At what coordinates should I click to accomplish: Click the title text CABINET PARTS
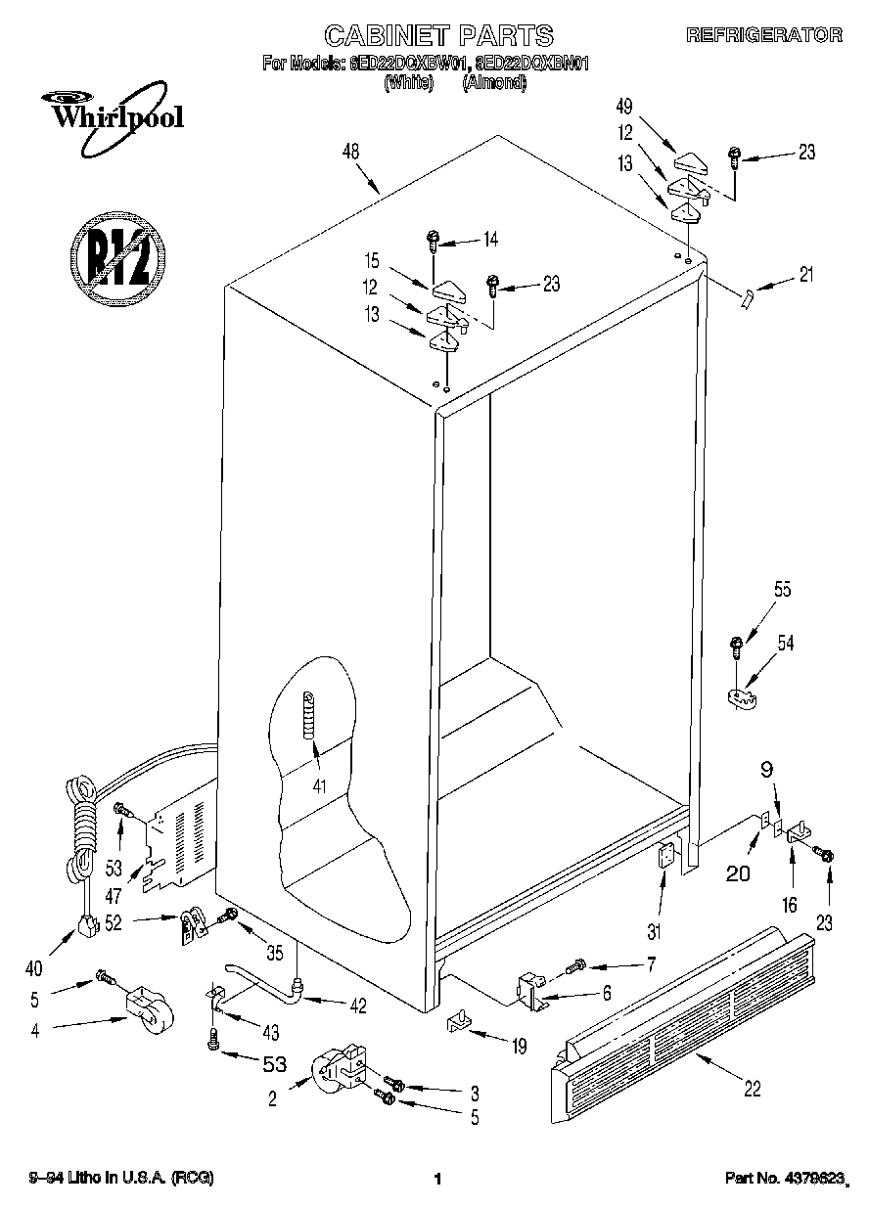pyautogui.click(x=438, y=36)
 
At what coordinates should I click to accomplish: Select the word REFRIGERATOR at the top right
pyautogui.click(x=763, y=35)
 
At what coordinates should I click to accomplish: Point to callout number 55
pyautogui.click(x=755, y=590)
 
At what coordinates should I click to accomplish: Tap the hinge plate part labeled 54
pyautogui.click(x=745, y=696)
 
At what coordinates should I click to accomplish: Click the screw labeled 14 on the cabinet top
pyautogui.click(x=433, y=239)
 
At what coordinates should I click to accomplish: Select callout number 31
pyautogui.click(x=654, y=931)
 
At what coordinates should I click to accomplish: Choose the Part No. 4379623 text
pyautogui.click(x=784, y=1178)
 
